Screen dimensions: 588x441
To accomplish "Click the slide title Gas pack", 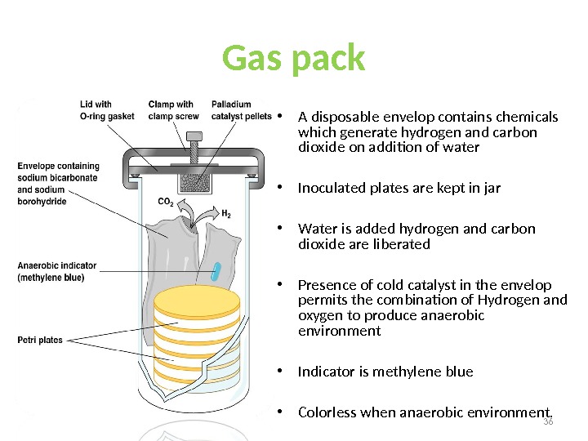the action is tap(293, 59).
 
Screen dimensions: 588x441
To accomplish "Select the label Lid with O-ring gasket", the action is tap(107, 110).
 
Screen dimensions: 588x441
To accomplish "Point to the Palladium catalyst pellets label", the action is tap(242, 110).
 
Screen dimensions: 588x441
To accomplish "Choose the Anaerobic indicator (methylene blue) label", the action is tap(57, 271).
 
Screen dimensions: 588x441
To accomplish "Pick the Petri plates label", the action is tap(40, 340).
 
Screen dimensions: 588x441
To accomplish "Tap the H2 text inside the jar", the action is tap(227, 216).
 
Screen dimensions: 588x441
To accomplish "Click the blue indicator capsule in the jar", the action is tap(217, 270).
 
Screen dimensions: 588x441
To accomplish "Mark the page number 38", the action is tap(547, 421).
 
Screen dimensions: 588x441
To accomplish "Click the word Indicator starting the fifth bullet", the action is tap(326, 372).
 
